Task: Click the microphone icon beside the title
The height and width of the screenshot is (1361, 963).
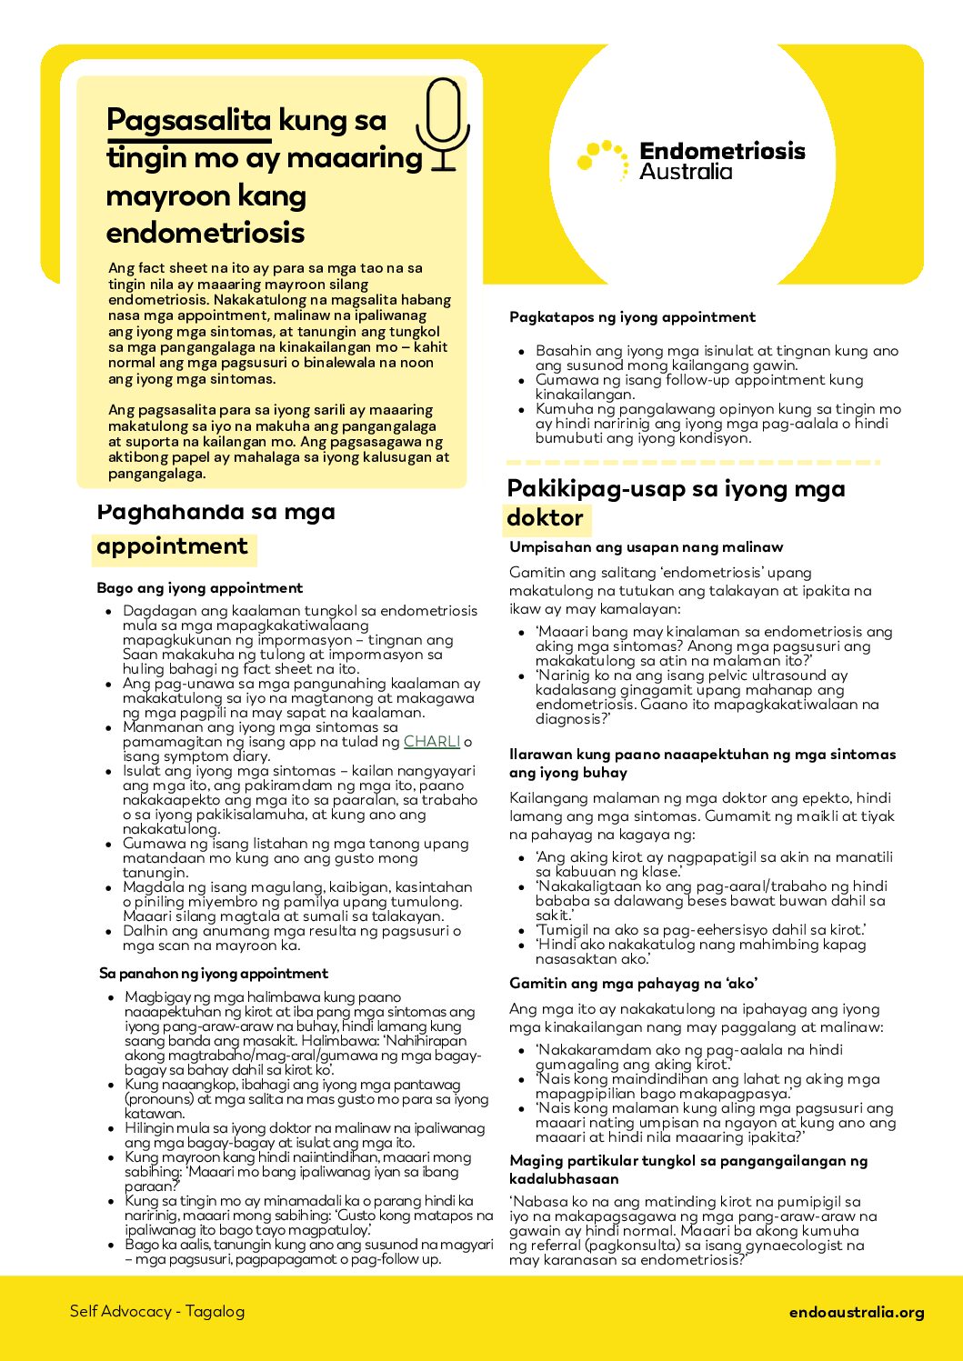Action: pos(443,123)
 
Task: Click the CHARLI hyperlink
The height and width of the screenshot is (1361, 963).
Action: pos(432,742)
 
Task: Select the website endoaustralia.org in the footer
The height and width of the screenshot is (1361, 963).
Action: pos(857,1312)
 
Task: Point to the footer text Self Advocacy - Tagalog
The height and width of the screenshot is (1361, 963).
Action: pos(157,1311)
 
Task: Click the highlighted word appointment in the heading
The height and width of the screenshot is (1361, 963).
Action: pos(173,547)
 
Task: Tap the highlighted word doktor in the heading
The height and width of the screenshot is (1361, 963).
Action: pos(545,518)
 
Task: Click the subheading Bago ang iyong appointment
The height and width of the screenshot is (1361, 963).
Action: pos(200,588)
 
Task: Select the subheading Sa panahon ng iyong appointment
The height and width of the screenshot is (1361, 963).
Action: pos(214,973)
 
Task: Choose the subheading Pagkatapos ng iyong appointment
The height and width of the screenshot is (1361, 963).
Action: pos(632,317)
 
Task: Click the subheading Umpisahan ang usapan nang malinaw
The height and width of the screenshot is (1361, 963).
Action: pos(646,547)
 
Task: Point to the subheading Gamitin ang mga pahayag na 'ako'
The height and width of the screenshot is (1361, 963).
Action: pos(634,984)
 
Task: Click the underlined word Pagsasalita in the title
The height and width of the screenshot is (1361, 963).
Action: pos(189,121)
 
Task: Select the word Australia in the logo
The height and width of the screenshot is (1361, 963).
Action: pos(686,172)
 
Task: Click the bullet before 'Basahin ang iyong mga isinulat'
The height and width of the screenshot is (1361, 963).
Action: pos(521,352)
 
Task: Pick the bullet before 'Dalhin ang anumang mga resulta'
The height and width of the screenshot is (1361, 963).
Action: pos(109,932)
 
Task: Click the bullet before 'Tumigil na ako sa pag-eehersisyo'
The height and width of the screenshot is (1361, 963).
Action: pos(521,930)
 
